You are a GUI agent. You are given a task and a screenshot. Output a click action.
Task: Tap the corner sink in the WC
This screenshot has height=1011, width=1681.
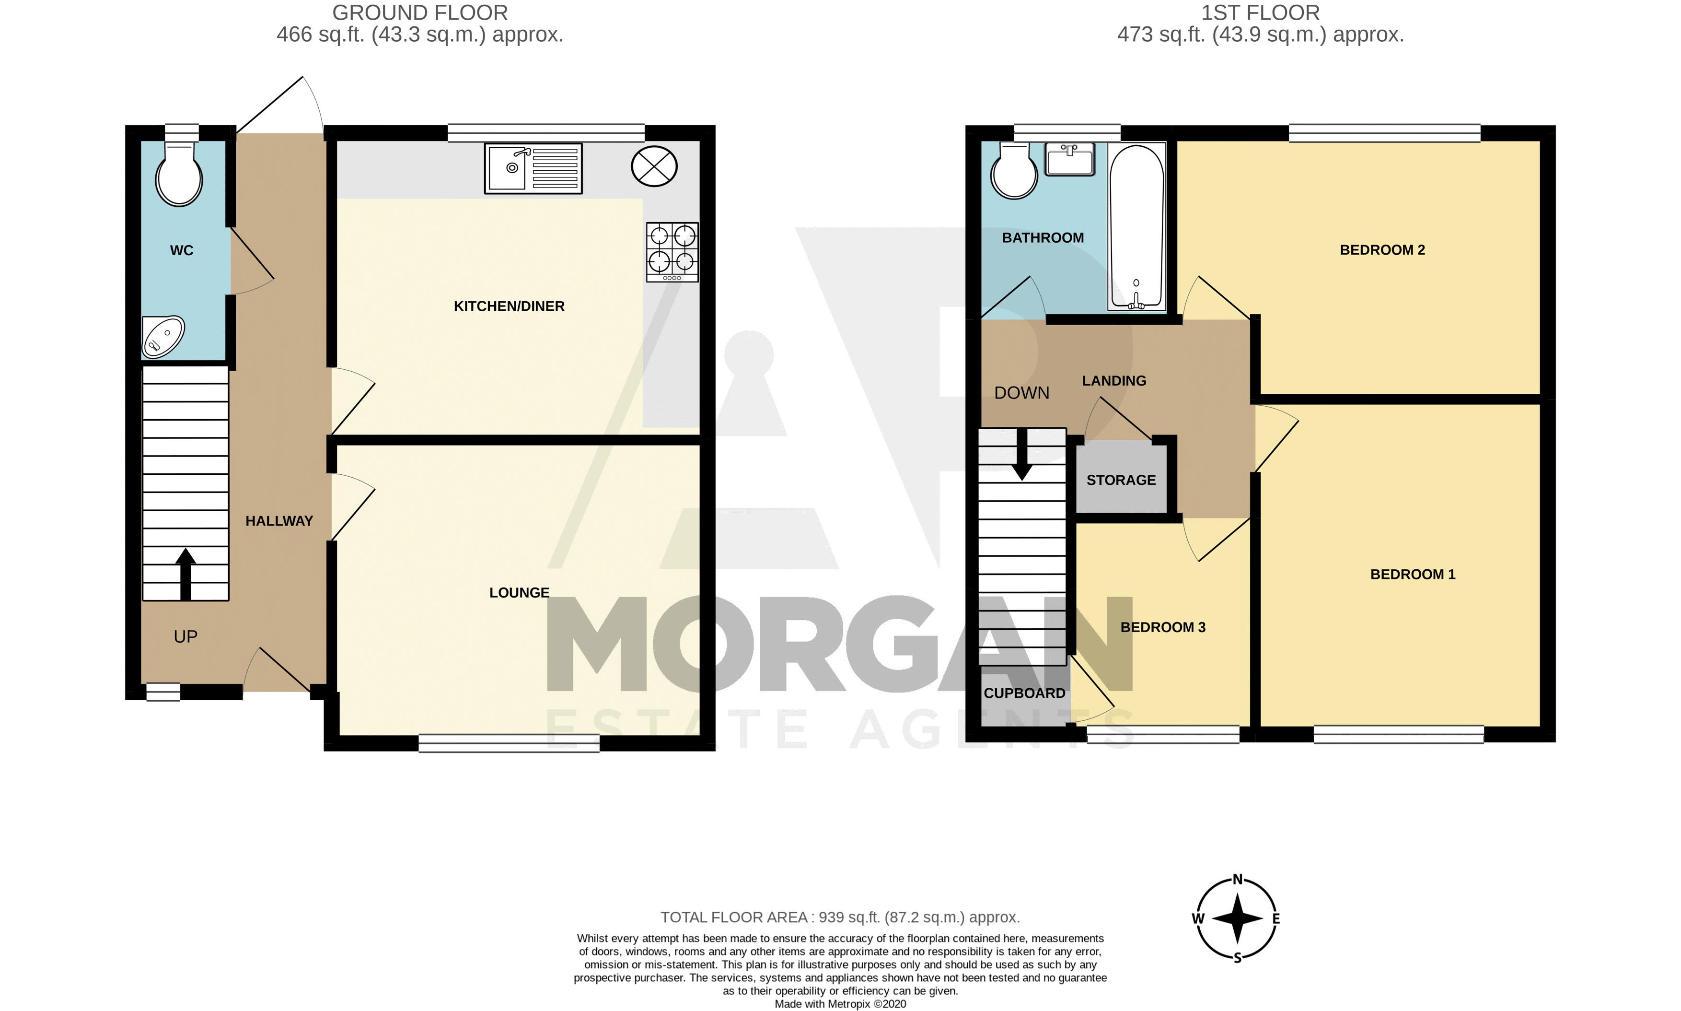(162, 337)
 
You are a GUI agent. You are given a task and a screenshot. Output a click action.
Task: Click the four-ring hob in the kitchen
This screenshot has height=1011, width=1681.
(672, 252)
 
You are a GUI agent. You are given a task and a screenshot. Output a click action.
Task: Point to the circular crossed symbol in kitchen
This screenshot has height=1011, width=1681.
(654, 167)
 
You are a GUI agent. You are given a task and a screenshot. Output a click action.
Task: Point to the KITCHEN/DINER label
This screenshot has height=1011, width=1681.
(509, 306)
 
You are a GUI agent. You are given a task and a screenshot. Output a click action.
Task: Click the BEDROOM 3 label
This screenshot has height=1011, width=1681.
(1163, 627)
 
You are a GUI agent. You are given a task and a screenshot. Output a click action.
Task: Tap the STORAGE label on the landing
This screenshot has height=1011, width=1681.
(1121, 480)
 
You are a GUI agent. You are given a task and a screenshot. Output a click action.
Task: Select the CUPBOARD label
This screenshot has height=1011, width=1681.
(1024, 694)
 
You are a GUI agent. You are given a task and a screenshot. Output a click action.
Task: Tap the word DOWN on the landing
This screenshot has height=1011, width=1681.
(1021, 393)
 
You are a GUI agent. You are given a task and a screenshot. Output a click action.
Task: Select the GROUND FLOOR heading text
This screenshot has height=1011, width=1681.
(420, 13)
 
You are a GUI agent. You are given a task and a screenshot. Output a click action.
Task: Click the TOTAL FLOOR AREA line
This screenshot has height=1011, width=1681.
(840, 917)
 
